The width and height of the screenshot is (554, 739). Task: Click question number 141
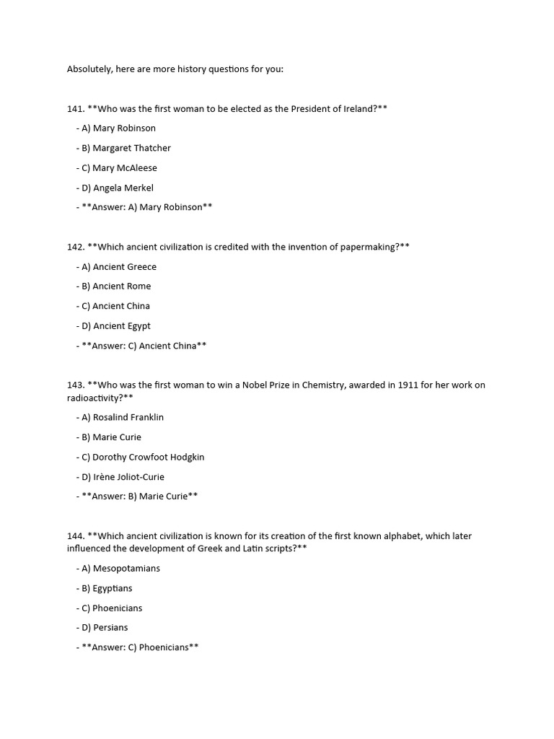point(76,109)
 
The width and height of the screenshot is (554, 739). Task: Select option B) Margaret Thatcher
point(123,148)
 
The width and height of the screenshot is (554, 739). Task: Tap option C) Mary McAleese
point(116,168)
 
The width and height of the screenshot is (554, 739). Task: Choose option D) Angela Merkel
point(115,188)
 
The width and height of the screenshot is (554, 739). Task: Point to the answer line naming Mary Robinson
point(144,207)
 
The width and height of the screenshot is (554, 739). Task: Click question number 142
point(76,247)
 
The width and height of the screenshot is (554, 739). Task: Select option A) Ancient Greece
point(116,266)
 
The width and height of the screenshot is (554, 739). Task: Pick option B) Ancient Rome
point(113,287)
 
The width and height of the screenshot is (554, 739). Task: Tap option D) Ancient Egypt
point(113,326)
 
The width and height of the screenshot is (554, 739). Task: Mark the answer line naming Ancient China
point(141,346)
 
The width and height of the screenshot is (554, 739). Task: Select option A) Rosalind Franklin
point(120,417)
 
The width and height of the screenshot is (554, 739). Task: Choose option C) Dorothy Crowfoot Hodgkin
point(140,457)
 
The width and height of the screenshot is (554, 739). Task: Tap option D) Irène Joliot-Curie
point(120,477)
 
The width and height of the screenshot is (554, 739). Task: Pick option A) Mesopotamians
point(118,569)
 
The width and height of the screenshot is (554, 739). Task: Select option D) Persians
point(102,628)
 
